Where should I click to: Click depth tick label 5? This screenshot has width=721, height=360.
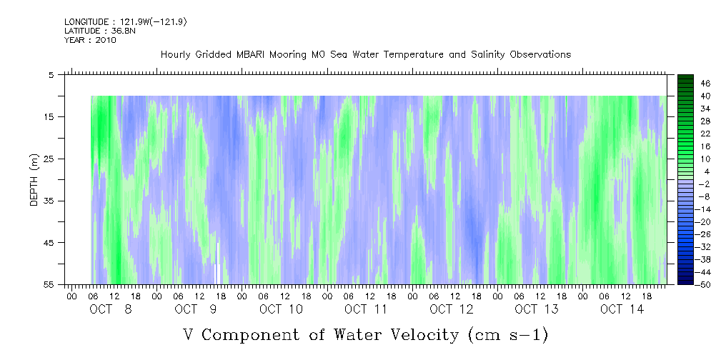click(x=51, y=74)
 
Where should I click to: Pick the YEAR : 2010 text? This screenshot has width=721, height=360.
click(x=90, y=40)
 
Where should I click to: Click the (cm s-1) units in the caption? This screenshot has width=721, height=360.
click(x=507, y=334)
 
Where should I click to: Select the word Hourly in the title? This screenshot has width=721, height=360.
click(x=177, y=54)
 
